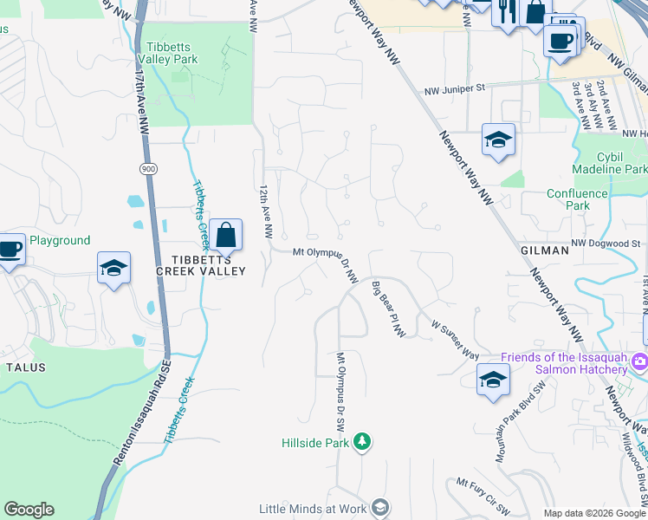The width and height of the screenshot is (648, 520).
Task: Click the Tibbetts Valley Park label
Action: pos(172,52)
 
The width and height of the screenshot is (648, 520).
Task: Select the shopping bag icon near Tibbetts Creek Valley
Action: pos(225,234)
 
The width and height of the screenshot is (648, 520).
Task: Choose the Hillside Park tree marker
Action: pos(362,442)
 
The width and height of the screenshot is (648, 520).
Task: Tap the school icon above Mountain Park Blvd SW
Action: pos(493,379)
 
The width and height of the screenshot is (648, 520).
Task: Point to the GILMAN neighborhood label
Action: pos(545,250)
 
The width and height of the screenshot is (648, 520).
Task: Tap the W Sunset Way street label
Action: pos(455,338)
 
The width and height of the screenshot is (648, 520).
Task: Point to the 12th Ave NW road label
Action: pos(266,211)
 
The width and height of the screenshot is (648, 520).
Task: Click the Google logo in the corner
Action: pos(29,510)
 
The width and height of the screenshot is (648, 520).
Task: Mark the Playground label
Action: pos(60,240)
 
